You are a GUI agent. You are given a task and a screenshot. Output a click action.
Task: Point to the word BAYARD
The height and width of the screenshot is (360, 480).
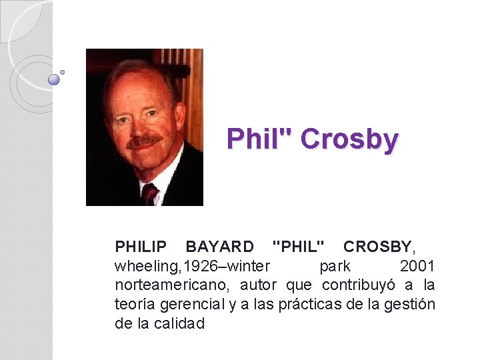pyautogui.click(x=219, y=247)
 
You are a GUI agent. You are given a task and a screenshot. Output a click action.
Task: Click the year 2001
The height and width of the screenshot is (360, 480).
pyautogui.click(x=417, y=267)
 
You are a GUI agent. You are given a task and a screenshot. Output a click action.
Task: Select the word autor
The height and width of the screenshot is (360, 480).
pyautogui.click(x=259, y=285)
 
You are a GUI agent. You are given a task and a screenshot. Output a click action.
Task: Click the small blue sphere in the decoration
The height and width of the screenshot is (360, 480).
pyautogui.click(x=54, y=79)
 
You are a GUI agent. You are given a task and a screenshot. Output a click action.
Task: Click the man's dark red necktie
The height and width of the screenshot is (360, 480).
pyautogui.click(x=149, y=193)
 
